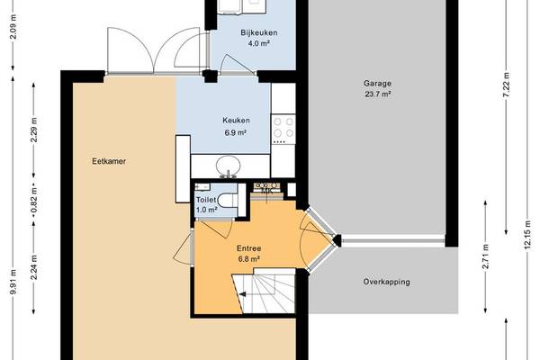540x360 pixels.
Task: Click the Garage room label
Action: pyautogui.click(x=377, y=84)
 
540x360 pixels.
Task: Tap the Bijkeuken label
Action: pyautogui.click(x=259, y=32)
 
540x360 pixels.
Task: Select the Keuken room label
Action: pyautogui.click(x=236, y=121)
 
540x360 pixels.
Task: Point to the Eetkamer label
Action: pyautogui.click(x=109, y=161)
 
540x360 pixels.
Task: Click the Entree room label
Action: pyautogui.click(x=248, y=248)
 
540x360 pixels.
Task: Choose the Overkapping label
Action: pyautogui.click(x=386, y=282)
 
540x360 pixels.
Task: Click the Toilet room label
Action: pyautogui.click(x=206, y=200)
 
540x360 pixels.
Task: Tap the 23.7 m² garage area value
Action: pyautogui.click(x=377, y=94)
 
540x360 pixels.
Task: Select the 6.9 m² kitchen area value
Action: pyautogui.click(x=235, y=132)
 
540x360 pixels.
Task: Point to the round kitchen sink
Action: pyautogui.click(x=228, y=165)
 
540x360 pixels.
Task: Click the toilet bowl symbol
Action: pyautogui.click(x=229, y=201)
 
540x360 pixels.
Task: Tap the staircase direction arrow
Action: pyautogui.click(x=243, y=294)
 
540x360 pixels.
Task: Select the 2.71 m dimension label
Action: pyautogui.click(x=486, y=256)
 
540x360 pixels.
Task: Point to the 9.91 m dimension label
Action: pyautogui.click(x=13, y=282)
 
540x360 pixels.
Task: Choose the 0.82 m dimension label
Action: pyautogui.click(x=33, y=200)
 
